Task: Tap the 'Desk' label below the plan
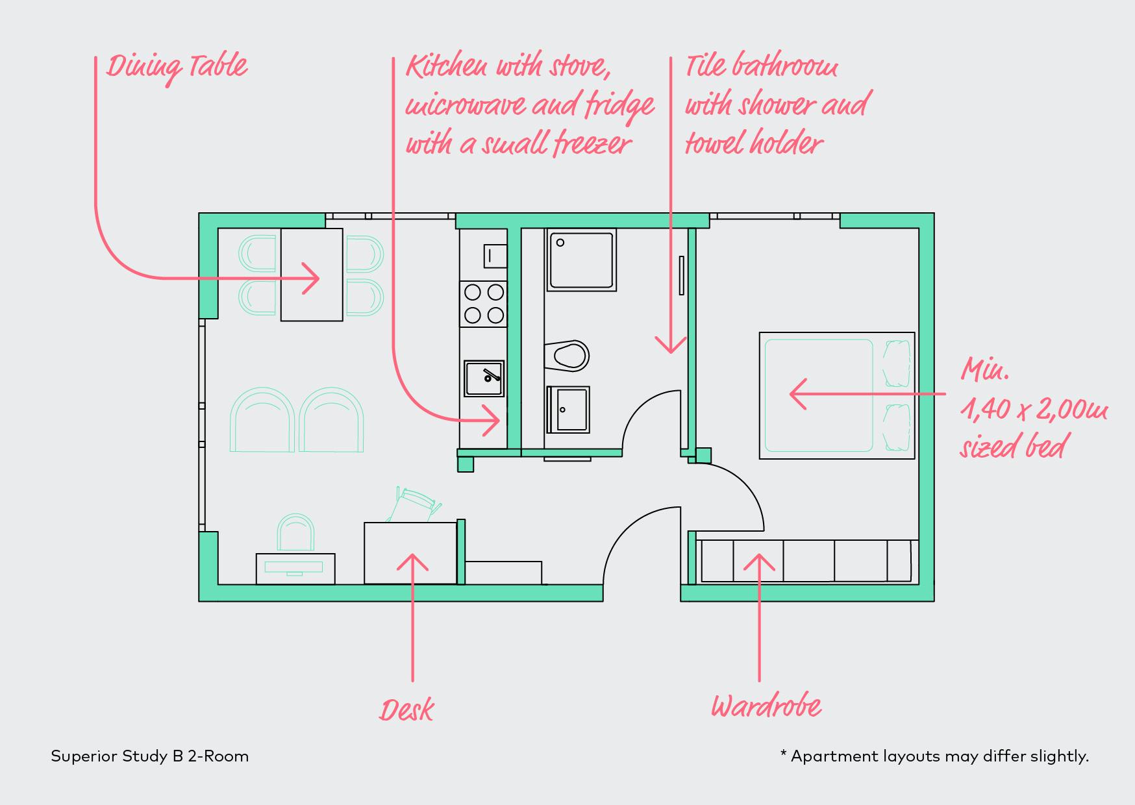click(406, 710)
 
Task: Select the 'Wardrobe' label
click(766, 706)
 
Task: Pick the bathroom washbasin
click(568, 410)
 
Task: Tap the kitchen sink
click(484, 379)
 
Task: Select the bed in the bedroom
click(837, 396)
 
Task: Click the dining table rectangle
click(312, 275)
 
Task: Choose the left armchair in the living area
click(262, 420)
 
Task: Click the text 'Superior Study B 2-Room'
click(150, 756)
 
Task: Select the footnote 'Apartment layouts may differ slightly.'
click(940, 756)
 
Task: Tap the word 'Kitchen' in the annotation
click(447, 67)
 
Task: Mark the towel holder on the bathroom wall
click(681, 275)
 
